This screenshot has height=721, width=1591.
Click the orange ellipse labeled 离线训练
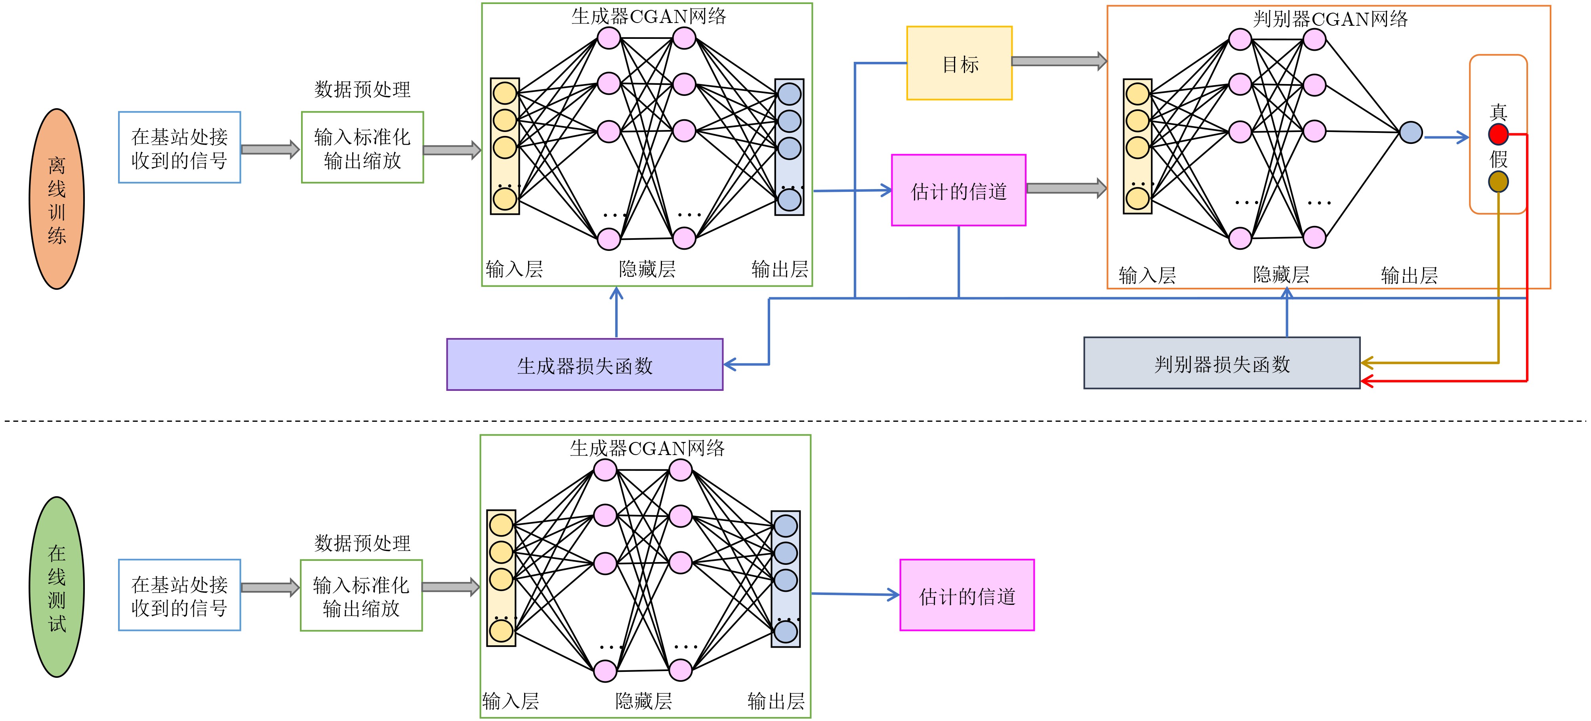click(57, 199)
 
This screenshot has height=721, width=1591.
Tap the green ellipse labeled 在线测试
click(57, 587)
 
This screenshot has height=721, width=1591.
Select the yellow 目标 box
click(959, 63)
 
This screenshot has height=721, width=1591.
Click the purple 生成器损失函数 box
click(584, 365)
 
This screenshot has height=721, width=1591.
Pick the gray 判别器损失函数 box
click(1222, 363)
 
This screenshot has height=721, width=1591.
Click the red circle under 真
click(1498, 134)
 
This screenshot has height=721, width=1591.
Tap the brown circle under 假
click(1498, 182)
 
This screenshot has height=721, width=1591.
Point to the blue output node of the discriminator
click(1411, 132)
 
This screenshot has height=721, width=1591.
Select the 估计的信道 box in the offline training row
click(959, 190)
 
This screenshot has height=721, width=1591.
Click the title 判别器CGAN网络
click(1330, 19)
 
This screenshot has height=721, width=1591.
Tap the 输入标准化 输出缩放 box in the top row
click(362, 148)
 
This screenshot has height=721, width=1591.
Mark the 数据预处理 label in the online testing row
click(362, 543)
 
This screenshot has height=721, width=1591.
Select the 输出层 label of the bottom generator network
click(776, 701)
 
